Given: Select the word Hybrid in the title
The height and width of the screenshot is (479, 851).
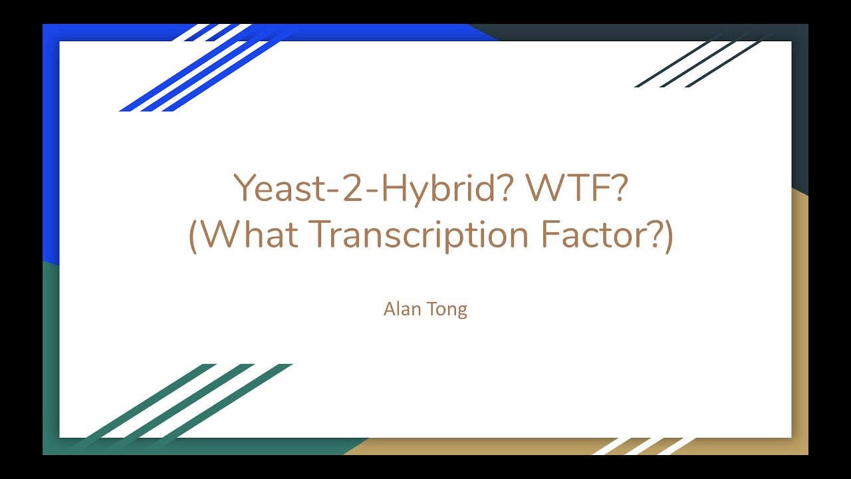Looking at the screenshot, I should (447, 190).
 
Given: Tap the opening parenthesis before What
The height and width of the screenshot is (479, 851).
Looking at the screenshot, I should (193, 236).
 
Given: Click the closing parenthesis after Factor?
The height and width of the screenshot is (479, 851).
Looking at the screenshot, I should (668, 236).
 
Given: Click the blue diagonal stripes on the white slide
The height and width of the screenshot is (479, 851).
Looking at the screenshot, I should (193, 80).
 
